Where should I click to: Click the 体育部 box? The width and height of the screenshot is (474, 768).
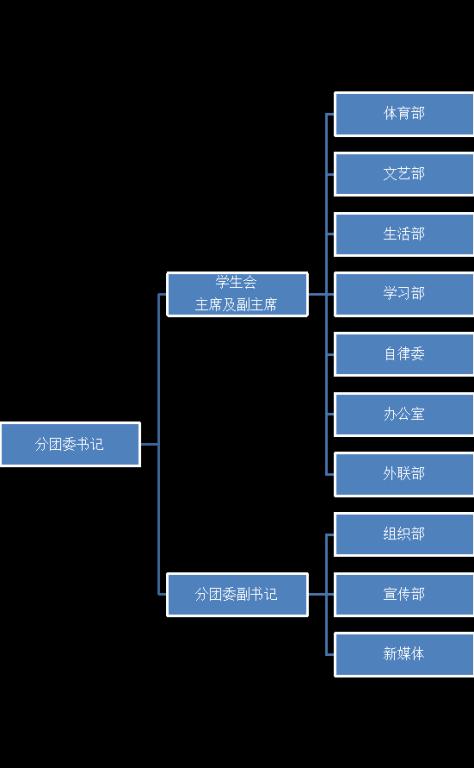pyautogui.click(x=404, y=114)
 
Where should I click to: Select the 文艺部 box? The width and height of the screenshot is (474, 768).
pyautogui.click(x=404, y=174)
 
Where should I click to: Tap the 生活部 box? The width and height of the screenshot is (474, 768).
pyautogui.click(x=404, y=234)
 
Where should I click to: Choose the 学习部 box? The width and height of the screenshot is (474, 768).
pyautogui.click(x=404, y=294)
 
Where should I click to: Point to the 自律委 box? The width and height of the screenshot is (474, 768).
pyautogui.click(x=404, y=354)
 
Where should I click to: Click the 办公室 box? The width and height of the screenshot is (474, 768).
pyautogui.click(x=404, y=414)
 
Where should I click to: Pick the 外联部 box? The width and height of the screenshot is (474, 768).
pyautogui.click(x=404, y=474)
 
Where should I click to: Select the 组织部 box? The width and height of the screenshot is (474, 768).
pyautogui.click(x=404, y=534)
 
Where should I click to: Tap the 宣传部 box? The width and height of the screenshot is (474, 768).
pyautogui.click(x=404, y=595)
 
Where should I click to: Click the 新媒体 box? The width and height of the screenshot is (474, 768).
pyautogui.click(x=404, y=654)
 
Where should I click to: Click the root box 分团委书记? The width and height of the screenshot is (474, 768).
pyautogui.click(x=70, y=444)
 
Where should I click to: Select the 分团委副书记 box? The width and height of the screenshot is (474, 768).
pyautogui.click(x=237, y=595)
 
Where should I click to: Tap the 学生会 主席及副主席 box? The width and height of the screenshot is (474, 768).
pyautogui.click(x=237, y=294)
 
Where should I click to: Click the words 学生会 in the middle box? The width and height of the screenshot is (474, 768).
pyautogui.click(x=236, y=282)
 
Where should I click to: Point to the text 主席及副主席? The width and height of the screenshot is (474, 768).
pyautogui.click(x=236, y=305)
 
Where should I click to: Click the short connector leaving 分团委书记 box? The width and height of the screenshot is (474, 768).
pyautogui.click(x=149, y=444)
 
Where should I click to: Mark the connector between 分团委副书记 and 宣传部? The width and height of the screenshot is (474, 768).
pyautogui.click(x=321, y=595)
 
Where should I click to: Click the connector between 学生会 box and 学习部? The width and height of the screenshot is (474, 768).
pyautogui.click(x=321, y=294)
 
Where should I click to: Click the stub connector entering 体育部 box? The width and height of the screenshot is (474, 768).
pyautogui.click(x=330, y=114)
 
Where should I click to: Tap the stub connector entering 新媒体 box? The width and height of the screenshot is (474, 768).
pyautogui.click(x=330, y=655)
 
